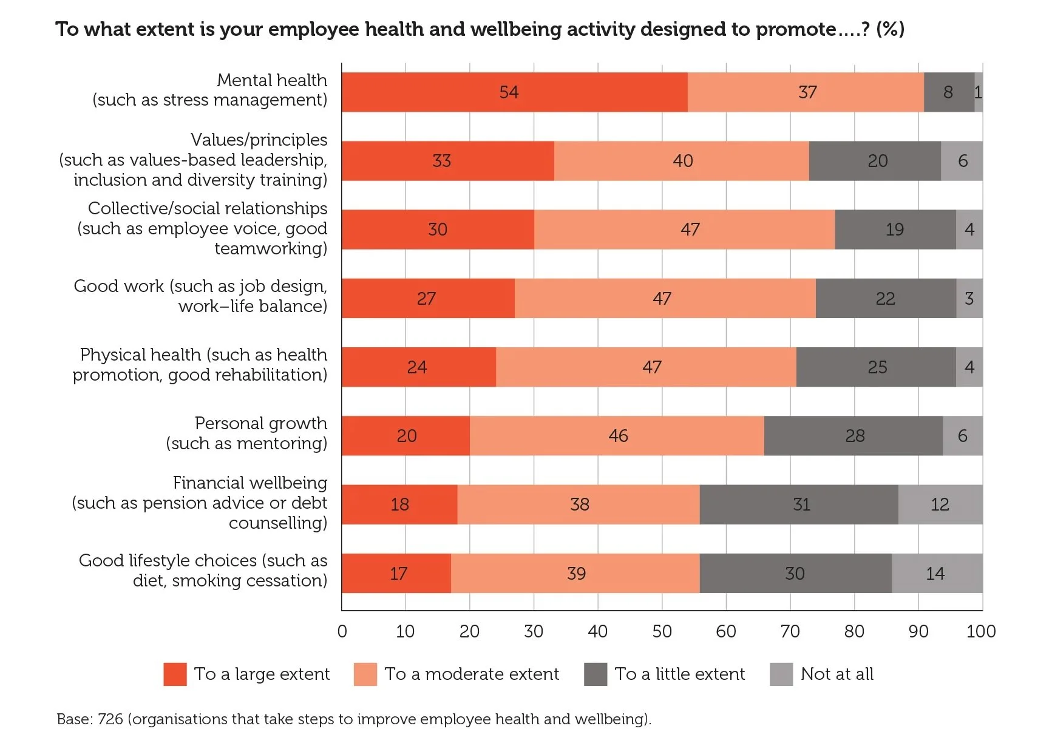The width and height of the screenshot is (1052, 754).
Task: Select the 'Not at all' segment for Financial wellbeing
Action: pos(940,504)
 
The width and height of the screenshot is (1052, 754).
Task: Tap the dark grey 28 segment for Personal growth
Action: pos(853,436)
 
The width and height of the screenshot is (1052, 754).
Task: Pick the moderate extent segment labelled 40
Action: pos(682,161)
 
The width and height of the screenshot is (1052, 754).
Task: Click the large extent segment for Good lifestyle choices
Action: pos(397,573)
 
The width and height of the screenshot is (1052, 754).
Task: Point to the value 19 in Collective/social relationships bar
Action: pos(895,229)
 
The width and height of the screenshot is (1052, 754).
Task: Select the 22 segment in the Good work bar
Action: pos(885,298)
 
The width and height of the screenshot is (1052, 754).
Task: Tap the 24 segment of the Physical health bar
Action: pos(418,367)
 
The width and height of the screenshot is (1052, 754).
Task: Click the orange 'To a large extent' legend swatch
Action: pos(175,674)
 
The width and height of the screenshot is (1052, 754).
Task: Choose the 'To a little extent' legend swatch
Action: pos(595,674)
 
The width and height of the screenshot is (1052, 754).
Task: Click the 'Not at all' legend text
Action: pos(837,674)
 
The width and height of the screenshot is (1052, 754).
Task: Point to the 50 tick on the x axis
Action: pos(662,631)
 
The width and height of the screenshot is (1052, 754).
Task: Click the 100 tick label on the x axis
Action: pos(980,631)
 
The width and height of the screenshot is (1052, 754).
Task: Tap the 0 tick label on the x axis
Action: pos(342,631)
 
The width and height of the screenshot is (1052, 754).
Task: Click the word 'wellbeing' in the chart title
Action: pos(516,29)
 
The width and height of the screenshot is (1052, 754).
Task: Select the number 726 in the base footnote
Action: pos(110,719)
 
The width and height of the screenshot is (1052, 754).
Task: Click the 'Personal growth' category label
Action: pos(260,423)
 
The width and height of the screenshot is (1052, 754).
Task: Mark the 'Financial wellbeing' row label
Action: pos(249,483)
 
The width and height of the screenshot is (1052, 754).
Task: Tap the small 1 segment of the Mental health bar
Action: pos(978,92)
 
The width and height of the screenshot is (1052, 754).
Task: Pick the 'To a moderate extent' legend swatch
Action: pos(365,674)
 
